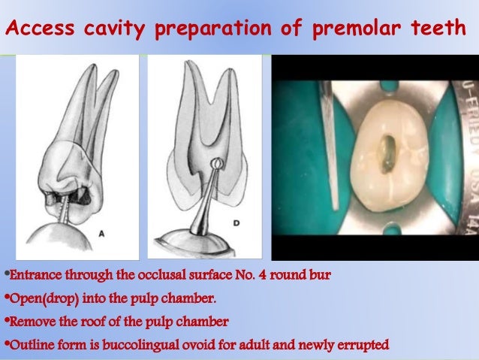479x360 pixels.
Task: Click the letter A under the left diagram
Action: point(102,234)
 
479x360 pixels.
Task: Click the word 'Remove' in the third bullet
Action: point(28,322)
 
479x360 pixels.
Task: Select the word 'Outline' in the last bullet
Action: point(28,345)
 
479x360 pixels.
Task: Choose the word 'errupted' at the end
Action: point(364,345)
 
